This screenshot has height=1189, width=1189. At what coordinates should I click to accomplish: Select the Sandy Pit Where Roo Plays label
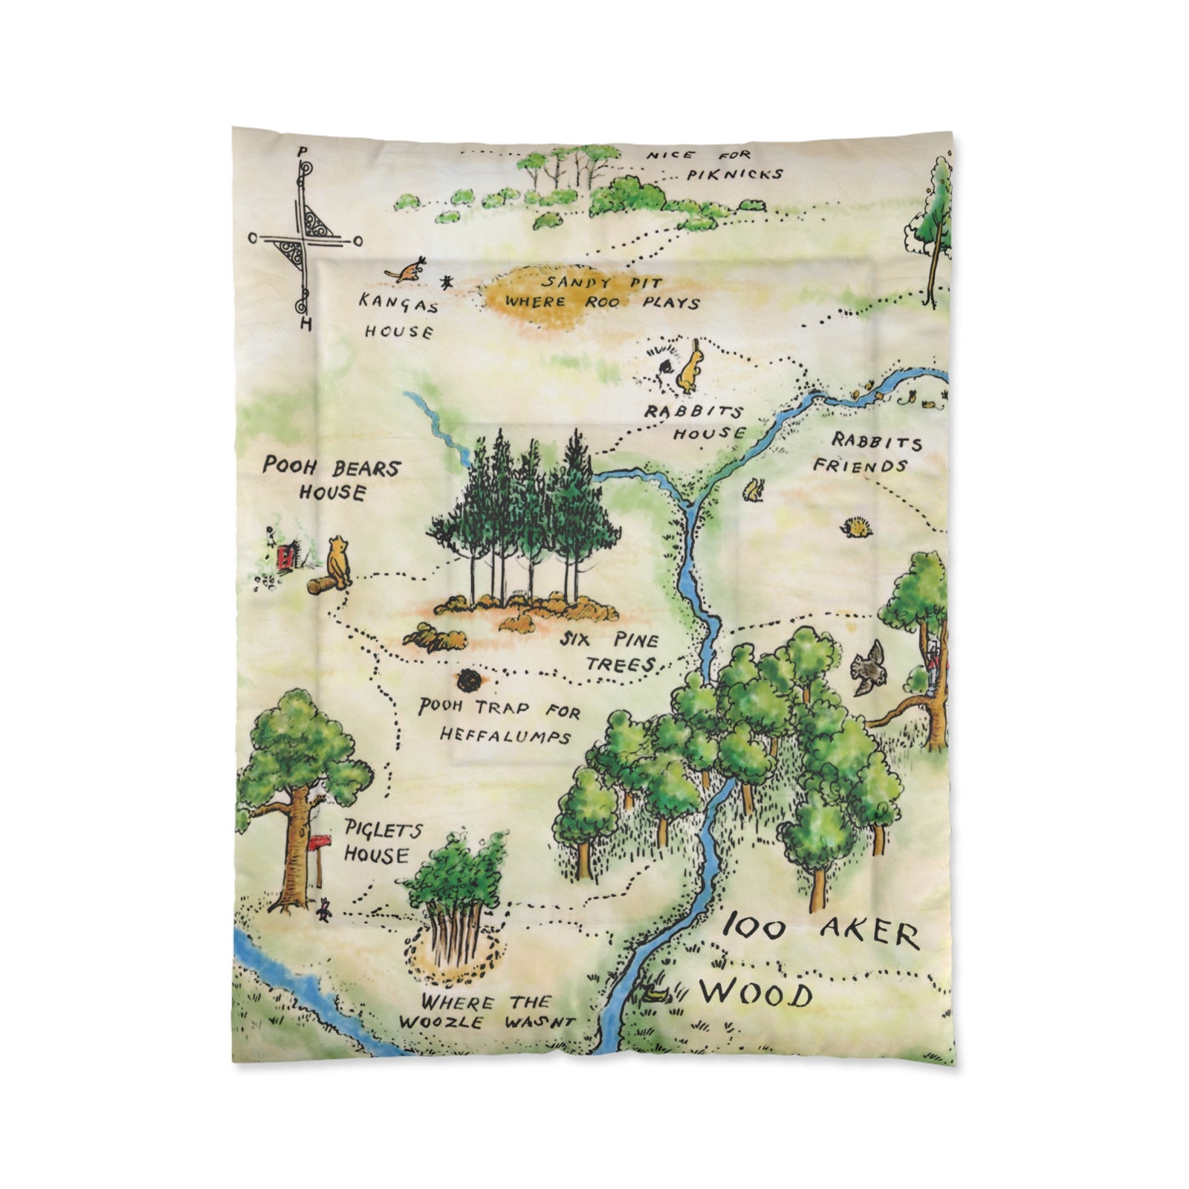(x=600, y=293)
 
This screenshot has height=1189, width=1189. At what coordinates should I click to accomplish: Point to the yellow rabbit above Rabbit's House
(x=690, y=369)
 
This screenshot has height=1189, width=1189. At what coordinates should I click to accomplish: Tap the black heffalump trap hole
(x=469, y=679)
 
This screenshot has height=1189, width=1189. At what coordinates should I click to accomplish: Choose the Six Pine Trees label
(x=609, y=651)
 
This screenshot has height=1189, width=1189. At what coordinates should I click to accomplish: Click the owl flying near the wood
(x=867, y=667)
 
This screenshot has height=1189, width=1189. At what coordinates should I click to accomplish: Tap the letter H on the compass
(x=305, y=325)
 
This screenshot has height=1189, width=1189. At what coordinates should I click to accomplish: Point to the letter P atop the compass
(x=301, y=152)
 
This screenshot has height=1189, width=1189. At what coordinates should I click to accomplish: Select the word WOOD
(x=755, y=994)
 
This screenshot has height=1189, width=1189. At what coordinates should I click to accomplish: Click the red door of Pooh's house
(x=284, y=557)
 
